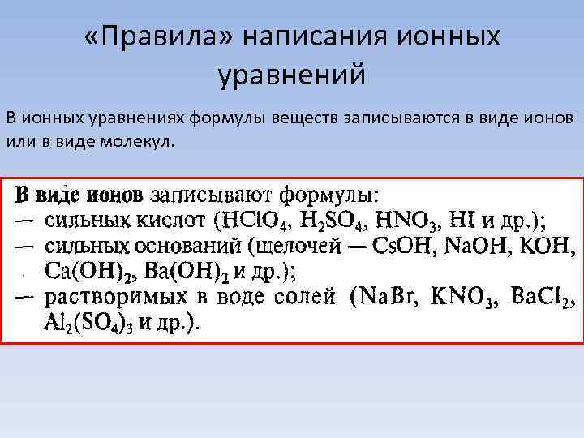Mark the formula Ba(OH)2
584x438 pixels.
point(186,270)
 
